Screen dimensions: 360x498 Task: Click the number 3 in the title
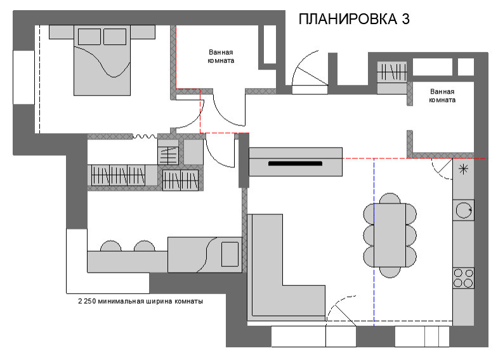[404, 19]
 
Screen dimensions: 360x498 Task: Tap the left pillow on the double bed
[88, 36]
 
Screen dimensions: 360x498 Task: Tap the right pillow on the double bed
[114, 36]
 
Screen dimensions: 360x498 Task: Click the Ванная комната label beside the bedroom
[221, 57]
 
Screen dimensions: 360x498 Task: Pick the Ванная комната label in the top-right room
[442, 95]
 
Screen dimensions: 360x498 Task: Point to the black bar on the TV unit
[296, 164]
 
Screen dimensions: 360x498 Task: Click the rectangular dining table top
[389, 235]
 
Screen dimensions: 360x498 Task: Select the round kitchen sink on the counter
[464, 209]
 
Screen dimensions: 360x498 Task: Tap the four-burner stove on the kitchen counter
[464, 278]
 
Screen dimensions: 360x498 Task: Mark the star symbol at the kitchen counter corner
[464, 169]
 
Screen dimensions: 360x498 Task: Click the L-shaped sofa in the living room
[266, 273]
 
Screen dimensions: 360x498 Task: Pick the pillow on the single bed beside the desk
[229, 253]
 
